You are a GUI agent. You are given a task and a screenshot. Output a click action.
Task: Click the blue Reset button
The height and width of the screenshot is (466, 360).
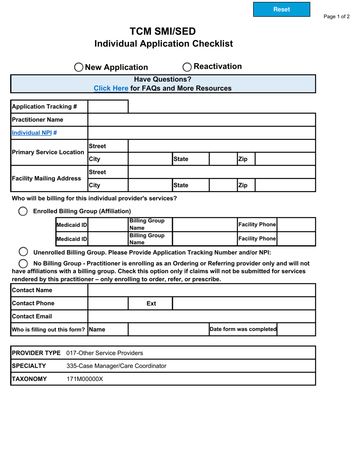(281, 9)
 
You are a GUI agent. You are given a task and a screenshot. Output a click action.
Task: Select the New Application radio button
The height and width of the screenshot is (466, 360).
(78, 67)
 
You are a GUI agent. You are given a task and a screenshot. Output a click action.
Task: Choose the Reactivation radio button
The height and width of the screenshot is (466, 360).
(187, 67)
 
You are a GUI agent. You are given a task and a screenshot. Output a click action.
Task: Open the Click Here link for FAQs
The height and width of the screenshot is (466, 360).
(111, 88)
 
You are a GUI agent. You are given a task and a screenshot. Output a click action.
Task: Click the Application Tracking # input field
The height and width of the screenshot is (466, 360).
(108, 107)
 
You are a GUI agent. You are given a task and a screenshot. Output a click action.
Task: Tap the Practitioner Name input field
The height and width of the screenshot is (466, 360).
(202, 120)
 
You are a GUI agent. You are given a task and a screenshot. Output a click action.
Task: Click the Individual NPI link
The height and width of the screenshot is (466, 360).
(32, 133)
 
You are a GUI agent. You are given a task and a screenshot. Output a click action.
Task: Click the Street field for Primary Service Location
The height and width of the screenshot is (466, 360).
(222, 146)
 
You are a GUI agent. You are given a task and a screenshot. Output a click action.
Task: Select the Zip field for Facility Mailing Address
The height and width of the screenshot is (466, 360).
(285, 185)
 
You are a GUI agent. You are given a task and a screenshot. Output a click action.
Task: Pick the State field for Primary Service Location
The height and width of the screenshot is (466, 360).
(223, 159)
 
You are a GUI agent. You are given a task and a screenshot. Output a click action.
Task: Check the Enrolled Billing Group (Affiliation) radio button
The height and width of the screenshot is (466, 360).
(23, 211)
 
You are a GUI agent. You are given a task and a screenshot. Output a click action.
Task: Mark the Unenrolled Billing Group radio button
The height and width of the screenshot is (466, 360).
(23, 252)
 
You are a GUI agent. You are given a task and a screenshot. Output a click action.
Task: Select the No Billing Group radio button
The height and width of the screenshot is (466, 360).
(23, 264)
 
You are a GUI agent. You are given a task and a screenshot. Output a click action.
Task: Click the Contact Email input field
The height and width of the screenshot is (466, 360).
(202, 316)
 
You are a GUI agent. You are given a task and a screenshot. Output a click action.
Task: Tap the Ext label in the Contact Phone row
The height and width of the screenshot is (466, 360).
(151, 303)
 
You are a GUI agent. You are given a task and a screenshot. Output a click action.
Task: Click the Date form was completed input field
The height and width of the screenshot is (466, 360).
(296, 329)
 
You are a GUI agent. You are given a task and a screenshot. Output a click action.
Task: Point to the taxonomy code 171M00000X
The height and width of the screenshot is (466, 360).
(85, 379)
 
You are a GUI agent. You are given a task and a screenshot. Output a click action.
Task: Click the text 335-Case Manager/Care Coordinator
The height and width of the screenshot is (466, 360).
(116, 366)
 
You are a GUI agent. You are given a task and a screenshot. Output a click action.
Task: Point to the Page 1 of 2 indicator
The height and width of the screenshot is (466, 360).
(336, 17)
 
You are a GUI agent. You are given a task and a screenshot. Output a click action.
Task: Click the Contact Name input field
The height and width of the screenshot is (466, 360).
(202, 290)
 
